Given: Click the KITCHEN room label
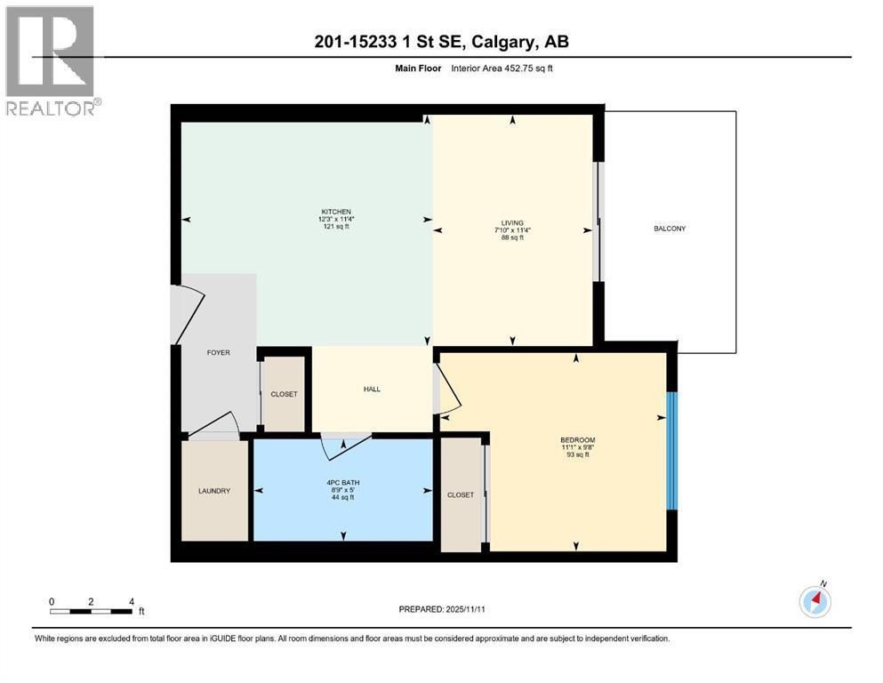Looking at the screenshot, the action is click(x=336, y=212).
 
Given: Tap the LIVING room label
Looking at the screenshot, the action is click(x=512, y=223).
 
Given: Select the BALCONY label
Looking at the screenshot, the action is click(x=670, y=229).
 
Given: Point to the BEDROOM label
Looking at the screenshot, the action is click(x=578, y=439).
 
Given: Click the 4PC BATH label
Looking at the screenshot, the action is click(x=343, y=483).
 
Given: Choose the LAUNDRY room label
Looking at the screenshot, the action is click(x=214, y=491).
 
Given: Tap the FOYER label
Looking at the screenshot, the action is click(x=219, y=352).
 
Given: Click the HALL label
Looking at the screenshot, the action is click(x=372, y=390).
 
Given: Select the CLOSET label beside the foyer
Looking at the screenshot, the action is click(x=284, y=394).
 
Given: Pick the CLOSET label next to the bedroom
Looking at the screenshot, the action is click(x=461, y=495).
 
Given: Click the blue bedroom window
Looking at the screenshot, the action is click(x=672, y=451).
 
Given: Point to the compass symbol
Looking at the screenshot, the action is click(x=815, y=601).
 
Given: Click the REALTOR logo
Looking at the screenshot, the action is click(x=52, y=60).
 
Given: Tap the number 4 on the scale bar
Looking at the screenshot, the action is click(x=132, y=601).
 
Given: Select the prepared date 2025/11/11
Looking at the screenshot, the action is click(x=465, y=609).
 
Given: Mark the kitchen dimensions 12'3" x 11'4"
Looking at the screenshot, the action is click(x=336, y=219).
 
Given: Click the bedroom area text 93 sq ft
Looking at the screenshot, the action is click(x=578, y=454).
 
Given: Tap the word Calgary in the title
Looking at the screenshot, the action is click(x=502, y=42).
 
